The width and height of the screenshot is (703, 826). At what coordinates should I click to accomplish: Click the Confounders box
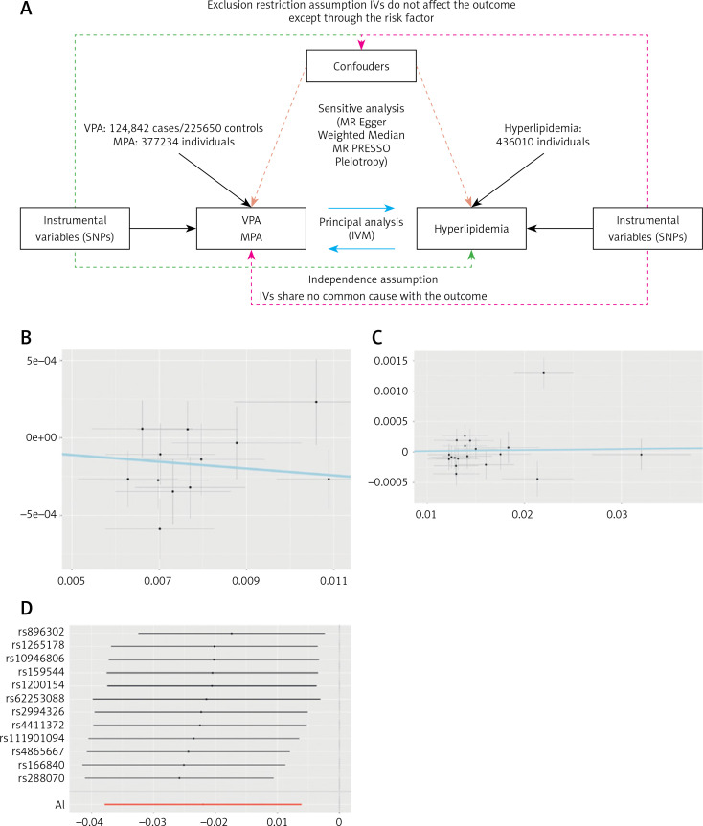point(361,66)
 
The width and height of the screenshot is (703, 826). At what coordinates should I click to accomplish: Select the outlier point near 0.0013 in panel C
point(543,373)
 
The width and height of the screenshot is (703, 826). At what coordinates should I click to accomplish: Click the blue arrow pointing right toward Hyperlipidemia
point(361,207)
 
